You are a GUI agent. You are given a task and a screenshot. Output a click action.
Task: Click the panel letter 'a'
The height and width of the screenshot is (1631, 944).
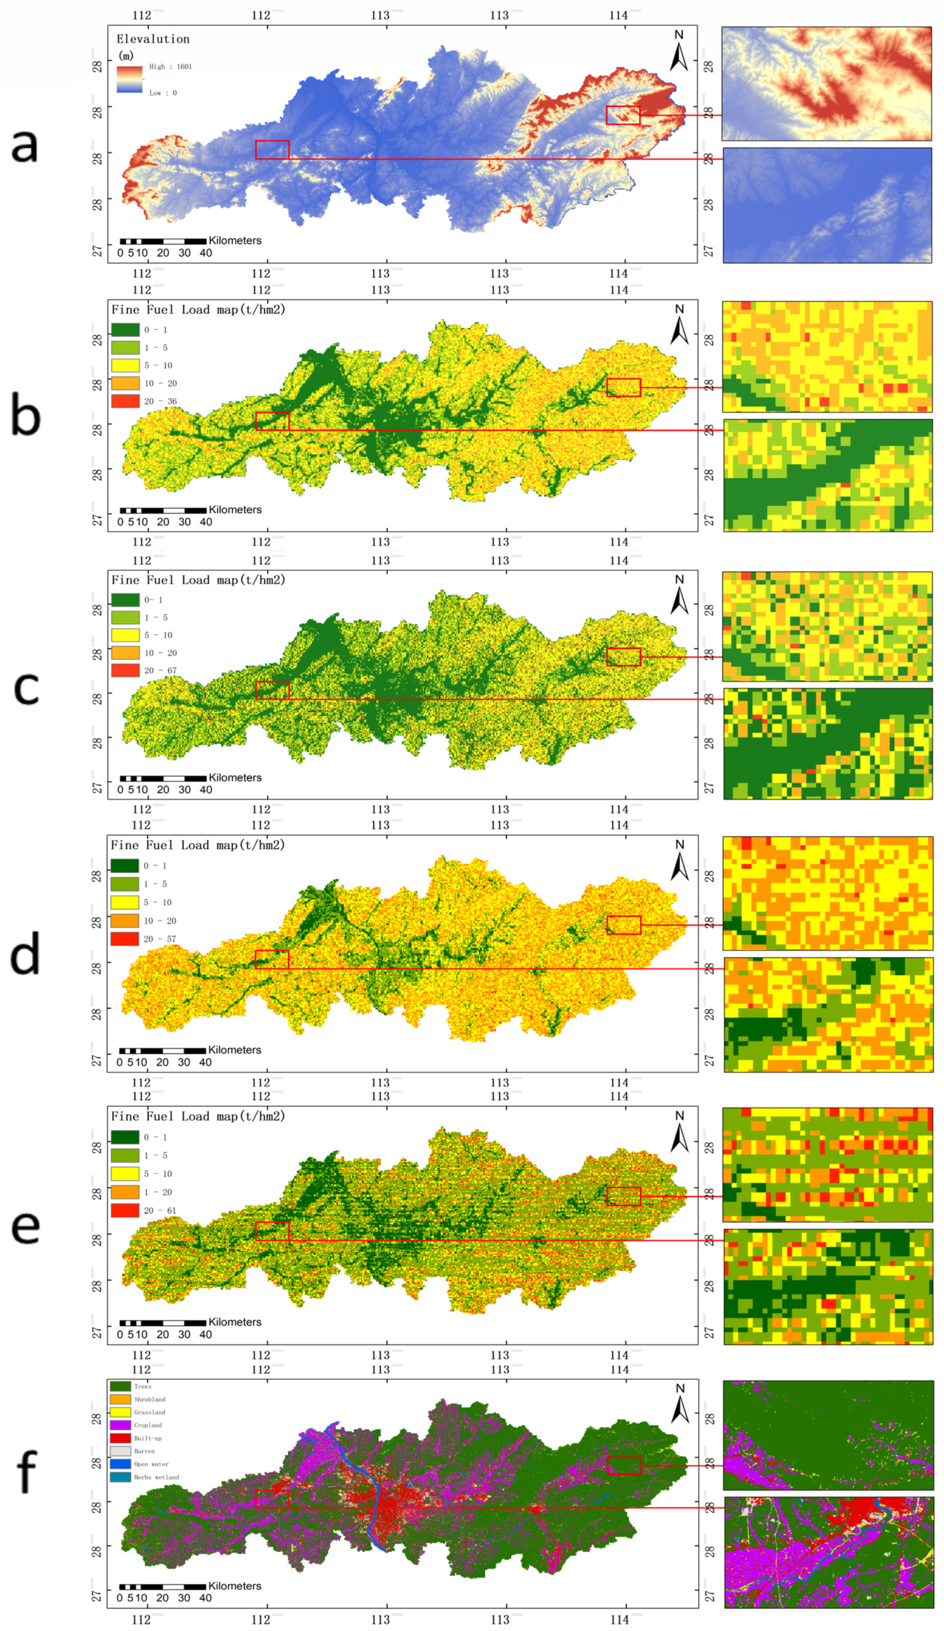point(25,146)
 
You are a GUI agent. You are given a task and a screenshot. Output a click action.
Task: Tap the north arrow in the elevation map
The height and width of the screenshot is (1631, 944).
point(679,52)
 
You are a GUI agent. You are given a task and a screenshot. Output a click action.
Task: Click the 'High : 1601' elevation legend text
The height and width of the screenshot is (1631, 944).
point(170,67)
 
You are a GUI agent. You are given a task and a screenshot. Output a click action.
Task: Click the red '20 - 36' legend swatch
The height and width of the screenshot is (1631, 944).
point(126,401)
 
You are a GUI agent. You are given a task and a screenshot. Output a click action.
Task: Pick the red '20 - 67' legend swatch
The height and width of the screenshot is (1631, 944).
point(126,671)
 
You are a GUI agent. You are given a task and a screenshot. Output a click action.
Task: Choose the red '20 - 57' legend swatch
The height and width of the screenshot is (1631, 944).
point(125,938)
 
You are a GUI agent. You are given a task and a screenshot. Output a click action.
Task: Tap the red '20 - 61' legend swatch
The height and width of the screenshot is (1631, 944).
point(125,1210)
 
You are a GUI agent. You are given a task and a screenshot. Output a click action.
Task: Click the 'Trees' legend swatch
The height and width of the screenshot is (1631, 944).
point(120,1386)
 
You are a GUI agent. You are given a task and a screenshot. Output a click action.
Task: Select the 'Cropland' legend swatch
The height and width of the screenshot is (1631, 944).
point(120,1425)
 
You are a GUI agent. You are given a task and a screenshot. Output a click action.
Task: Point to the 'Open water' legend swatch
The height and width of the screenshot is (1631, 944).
point(120,1464)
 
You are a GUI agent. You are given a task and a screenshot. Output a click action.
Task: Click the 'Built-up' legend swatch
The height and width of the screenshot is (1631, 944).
point(120,1438)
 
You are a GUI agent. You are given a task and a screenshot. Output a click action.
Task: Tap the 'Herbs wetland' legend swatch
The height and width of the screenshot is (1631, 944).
point(120,1477)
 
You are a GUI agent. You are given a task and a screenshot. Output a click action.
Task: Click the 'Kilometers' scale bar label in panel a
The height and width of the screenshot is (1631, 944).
point(235,241)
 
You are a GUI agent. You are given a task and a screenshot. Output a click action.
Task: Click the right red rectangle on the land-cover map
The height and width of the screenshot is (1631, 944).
point(624,1465)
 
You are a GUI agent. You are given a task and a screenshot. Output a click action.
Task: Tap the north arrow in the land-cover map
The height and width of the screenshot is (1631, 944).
point(679,1404)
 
